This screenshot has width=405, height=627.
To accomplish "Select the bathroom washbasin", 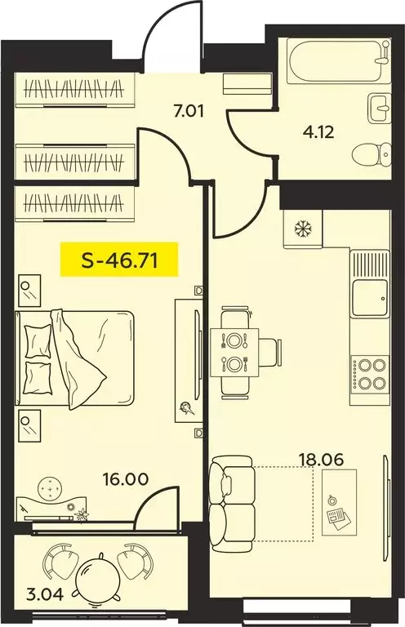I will pyautogui.click(x=380, y=108).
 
